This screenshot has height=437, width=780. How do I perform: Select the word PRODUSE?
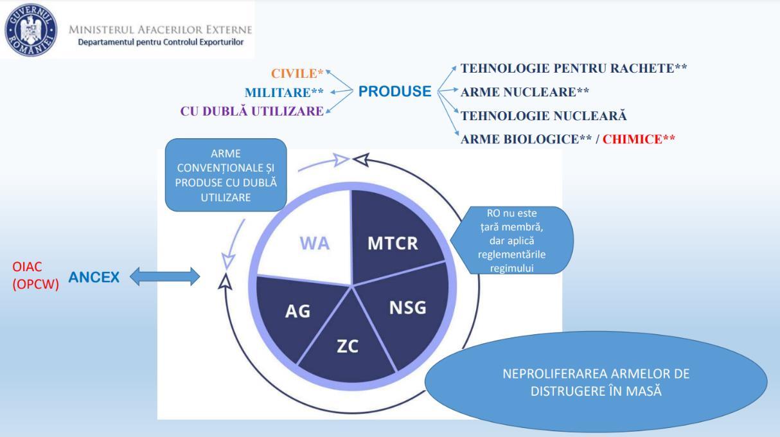(394, 91)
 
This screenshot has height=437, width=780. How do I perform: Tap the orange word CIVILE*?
(297, 73)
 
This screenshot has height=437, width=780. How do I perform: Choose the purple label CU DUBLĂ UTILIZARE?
(251, 111)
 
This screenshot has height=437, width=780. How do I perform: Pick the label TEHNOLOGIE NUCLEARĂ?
(544, 116)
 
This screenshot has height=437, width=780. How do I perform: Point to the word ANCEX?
(93, 278)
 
